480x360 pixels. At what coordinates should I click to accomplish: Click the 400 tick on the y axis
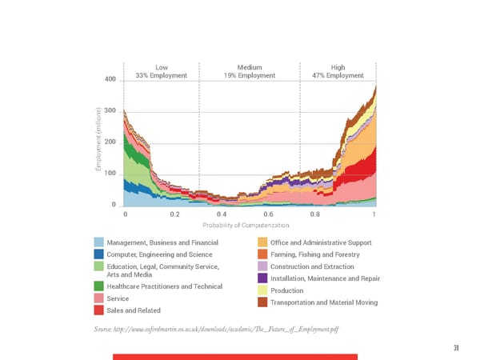(110, 79)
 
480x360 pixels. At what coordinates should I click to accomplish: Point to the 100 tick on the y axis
(110, 174)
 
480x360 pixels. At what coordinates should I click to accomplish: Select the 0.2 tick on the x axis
(174, 214)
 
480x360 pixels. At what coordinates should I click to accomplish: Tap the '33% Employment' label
(162, 75)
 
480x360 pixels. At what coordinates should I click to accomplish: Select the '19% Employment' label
(250, 75)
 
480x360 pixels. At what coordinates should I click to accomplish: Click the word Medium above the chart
(250, 66)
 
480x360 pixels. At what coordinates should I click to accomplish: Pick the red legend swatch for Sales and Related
(98, 310)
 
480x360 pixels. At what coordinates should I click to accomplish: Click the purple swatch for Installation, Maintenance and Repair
(262, 278)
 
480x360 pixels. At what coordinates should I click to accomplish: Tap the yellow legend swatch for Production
(262, 290)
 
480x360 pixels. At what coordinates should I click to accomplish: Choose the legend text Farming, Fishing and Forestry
(315, 254)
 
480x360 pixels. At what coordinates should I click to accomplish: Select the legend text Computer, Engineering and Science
(159, 254)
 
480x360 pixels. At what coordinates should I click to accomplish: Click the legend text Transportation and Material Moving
(324, 302)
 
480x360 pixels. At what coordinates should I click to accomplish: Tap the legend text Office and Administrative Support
(321, 242)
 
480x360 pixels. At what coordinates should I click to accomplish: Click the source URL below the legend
(217, 331)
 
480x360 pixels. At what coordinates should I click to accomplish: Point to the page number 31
(455, 347)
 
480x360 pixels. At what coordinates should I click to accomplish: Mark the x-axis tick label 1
(374, 214)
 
